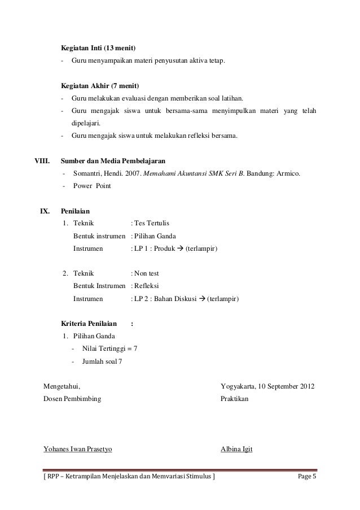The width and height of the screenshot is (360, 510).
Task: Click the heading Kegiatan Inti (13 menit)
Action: coord(98,46)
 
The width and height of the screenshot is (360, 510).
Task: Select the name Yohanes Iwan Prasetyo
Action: coord(78,450)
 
